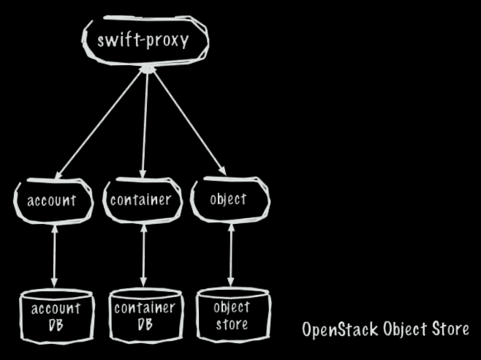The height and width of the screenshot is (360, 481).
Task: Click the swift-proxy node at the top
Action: click(143, 40)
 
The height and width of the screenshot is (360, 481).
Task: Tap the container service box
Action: click(141, 199)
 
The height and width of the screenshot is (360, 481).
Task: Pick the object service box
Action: click(228, 199)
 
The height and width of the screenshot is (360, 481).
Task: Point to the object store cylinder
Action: click(232, 315)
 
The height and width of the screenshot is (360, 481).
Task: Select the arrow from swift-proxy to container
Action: click(145, 124)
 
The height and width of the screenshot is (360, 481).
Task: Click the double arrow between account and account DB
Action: click(53, 256)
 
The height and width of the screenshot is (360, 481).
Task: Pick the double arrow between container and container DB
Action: click(143, 256)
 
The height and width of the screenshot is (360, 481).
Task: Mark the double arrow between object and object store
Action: click(231, 256)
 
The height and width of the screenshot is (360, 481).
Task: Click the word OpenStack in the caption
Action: click(340, 329)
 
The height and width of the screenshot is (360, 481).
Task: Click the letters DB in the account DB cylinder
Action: click(56, 324)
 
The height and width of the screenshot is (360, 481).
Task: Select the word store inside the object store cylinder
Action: click(232, 323)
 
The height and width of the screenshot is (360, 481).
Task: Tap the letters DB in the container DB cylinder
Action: click(145, 323)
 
